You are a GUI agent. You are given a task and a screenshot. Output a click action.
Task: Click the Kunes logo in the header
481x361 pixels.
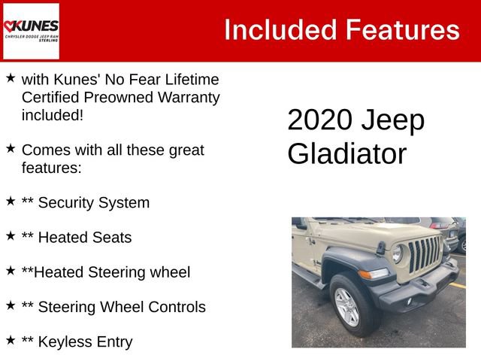coord(31,31)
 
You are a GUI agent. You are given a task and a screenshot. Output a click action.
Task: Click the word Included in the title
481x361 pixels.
coord(279,30)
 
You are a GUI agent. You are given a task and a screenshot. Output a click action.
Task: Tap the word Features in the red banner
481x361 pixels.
coord(402,30)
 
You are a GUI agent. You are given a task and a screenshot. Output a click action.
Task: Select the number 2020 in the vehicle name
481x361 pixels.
coord(320,120)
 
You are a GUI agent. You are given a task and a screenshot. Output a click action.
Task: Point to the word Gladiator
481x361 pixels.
coord(346,154)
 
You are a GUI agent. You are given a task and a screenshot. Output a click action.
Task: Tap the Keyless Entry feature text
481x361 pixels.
coord(85,341)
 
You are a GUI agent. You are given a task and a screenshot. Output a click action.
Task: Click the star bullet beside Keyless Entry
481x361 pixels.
coord(11,340)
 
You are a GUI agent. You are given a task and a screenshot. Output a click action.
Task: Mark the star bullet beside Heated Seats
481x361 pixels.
coord(11,236)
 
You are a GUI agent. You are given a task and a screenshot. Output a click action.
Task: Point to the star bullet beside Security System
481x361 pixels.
coord(11,201)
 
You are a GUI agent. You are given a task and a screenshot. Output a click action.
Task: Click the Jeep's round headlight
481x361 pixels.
coord(397,255)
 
